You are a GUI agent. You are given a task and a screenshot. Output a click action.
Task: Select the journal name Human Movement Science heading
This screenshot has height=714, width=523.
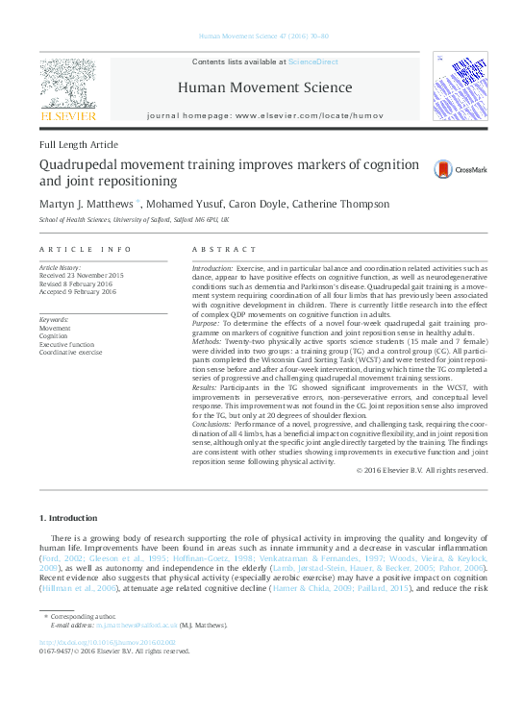[x=264, y=87]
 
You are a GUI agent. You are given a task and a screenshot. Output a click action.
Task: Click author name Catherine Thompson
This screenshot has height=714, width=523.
[x=343, y=204]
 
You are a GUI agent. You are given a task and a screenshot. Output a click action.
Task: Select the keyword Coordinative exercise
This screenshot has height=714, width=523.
[x=71, y=353]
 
